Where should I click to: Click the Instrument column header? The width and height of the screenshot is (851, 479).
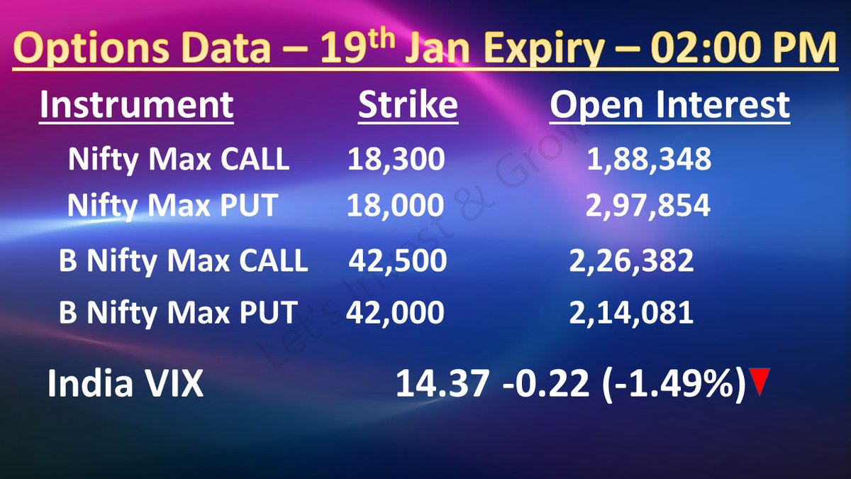[x=136, y=106]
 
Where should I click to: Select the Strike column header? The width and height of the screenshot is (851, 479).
[x=408, y=106]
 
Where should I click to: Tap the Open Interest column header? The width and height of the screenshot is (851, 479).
[x=669, y=106]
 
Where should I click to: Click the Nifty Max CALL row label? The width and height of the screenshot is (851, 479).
[x=179, y=160]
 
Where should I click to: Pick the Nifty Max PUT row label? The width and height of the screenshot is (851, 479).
[x=172, y=206]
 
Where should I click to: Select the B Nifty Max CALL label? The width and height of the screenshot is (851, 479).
[x=184, y=261]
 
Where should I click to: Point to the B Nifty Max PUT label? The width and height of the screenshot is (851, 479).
[x=178, y=313]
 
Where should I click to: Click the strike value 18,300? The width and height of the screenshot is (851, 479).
[x=396, y=160]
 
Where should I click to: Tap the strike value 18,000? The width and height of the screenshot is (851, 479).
[x=395, y=206]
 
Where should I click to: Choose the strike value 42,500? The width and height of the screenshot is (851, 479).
[x=398, y=261]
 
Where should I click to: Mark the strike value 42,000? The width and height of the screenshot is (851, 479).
[x=396, y=313]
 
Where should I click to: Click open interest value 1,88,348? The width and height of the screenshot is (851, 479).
[x=649, y=160]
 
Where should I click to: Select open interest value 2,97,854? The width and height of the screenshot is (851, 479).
[x=648, y=206]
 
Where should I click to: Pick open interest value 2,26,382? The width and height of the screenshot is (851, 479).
[x=631, y=261]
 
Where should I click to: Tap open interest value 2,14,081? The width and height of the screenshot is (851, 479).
[x=631, y=313]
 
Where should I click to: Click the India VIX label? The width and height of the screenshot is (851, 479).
[x=125, y=385]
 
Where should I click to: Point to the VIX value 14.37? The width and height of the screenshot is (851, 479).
[x=442, y=385]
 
